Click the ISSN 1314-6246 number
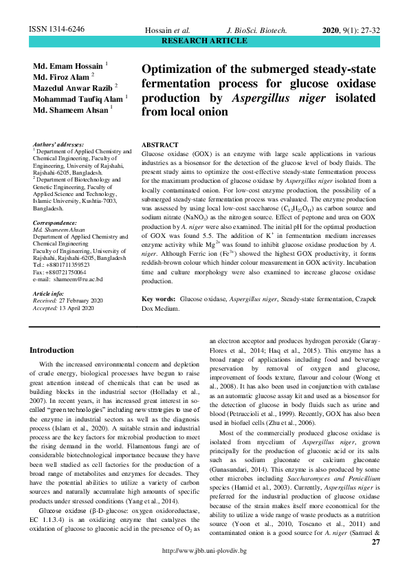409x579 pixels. (56, 30)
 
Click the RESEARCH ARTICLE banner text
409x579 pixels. (203, 41)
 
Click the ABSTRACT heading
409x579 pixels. (159, 146)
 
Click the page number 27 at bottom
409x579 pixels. (375, 562)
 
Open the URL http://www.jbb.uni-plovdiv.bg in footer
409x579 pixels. (203, 570)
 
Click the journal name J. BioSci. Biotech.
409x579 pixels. (256, 31)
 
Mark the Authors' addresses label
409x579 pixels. (58, 144)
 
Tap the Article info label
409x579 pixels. (49, 294)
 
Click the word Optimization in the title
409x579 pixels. (181, 70)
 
